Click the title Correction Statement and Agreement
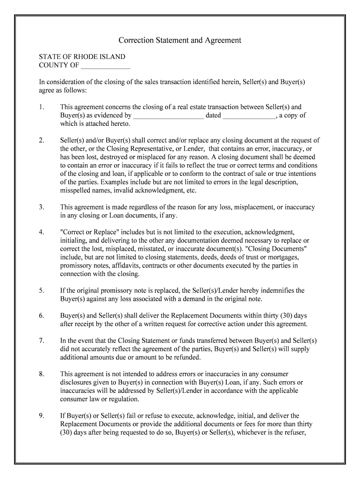click(x=180, y=40)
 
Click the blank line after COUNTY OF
click(x=106, y=65)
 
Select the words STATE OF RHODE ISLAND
click(x=82, y=57)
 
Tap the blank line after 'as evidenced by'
click(x=168, y=116)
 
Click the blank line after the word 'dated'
click(x=249, y=116)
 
